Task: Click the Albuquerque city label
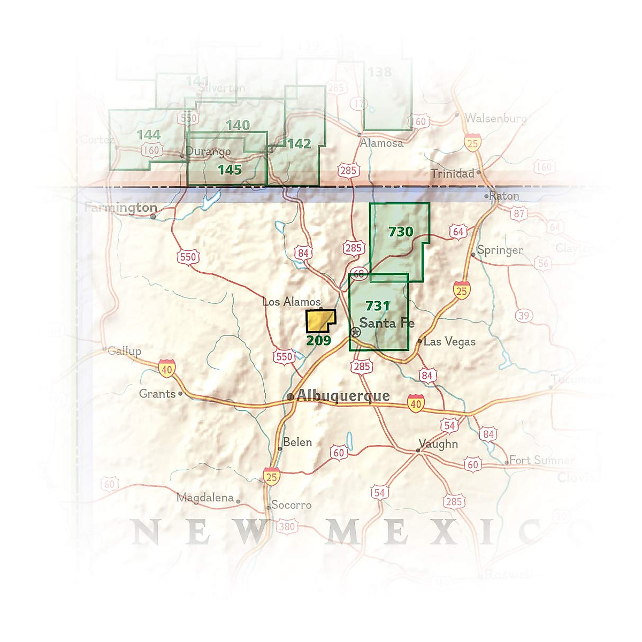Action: point(343,396)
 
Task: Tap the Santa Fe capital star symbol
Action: point(355,332)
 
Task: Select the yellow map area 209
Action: point(319,321)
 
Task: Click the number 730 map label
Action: point(401,232)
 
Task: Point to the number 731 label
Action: point(377,305)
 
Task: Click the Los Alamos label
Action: point(292,302)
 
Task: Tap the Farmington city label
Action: point(121,208)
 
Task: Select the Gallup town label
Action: point(124,351)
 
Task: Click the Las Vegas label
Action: point(449,341)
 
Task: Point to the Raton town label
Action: point(504,196)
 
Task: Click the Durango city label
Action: point(209,151)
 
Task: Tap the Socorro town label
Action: point(291,505)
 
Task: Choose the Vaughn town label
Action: point(438,444)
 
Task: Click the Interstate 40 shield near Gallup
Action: point(167,369)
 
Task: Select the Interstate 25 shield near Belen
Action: point(272,477)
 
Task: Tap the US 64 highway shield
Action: point(458,232)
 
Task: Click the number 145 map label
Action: point(230,170)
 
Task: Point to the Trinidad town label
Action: point(453,173)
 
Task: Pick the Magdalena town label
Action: point(205,498)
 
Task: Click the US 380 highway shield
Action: point(287,526)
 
